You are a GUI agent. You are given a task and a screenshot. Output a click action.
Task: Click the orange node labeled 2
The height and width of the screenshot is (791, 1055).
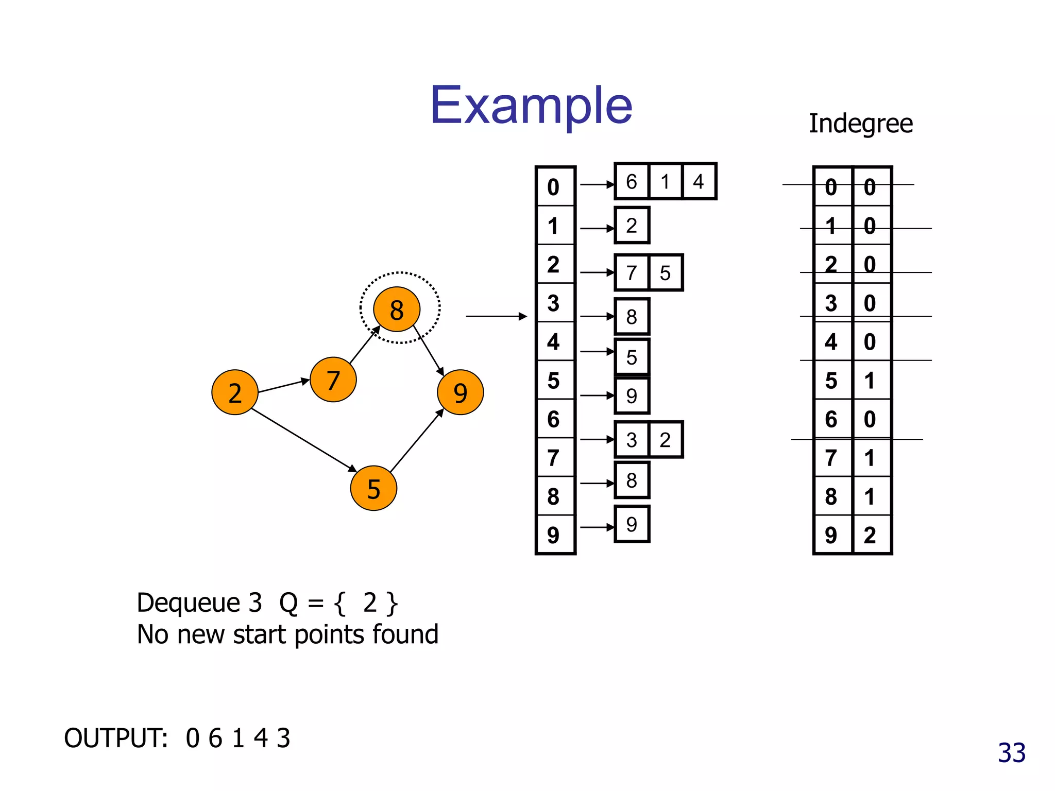coord(234,392)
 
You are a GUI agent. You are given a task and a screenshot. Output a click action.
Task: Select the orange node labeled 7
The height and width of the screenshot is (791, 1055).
coord(333,380)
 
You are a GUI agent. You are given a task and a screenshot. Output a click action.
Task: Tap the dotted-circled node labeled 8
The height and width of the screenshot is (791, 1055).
coord(397,309)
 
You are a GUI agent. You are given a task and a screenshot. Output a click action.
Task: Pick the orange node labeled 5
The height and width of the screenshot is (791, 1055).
coord(373,488)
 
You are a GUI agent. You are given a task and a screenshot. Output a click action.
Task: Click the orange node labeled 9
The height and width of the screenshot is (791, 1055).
coord(460,392)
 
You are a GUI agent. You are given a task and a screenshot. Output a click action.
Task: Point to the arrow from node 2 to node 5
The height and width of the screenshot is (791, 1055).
coord(304,440)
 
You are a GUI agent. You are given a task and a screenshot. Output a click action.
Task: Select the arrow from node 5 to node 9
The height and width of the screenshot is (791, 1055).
coord(416,441)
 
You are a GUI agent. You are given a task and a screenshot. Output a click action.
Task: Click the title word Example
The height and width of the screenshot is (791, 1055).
coord(531,106)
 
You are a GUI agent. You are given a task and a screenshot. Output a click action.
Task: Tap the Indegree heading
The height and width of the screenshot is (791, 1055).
coord(860,124)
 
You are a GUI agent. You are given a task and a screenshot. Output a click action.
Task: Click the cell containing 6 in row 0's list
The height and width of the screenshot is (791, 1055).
coord(632,181)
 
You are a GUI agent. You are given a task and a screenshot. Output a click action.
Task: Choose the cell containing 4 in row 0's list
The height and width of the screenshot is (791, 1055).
coord(699,181)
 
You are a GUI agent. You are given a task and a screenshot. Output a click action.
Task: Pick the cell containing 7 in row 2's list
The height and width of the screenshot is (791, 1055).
coord(632,273)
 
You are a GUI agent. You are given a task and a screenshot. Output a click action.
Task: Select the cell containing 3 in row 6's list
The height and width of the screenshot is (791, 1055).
coord(632,440)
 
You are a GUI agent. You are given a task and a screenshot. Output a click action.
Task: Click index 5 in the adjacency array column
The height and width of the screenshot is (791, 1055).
coord(554,381)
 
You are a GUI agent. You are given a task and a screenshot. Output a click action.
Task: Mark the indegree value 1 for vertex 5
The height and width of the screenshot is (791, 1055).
coord(870,381)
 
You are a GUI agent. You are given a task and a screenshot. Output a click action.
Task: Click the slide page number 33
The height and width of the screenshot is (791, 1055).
coord(1011,753)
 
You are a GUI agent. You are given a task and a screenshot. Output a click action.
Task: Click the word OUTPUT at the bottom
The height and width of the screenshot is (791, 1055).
coord(116,738)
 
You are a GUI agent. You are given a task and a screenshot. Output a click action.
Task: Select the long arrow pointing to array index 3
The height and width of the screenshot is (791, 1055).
coord(496,316)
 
